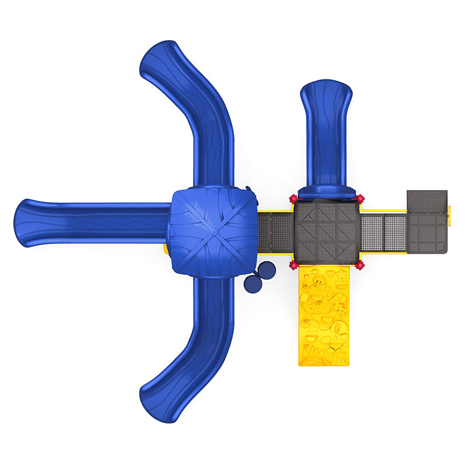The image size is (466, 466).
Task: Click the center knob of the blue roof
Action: [x=213, y=231]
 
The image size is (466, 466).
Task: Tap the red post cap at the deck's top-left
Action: [x=294, y=199]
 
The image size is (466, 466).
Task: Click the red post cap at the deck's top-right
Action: [x=360, y=199]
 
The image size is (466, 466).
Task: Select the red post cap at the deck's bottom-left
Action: [x=294, y=266]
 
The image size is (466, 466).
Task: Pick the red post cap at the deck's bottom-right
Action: [x=360, y=266]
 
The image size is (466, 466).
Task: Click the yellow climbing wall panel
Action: [x=324, y=317]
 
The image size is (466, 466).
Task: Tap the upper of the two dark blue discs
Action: [x=266, y=270]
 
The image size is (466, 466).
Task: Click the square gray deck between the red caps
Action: [x=327, y=232]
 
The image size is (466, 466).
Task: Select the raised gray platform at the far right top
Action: [x=427, y=201]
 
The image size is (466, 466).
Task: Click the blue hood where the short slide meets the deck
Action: [x=326, y=190]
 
